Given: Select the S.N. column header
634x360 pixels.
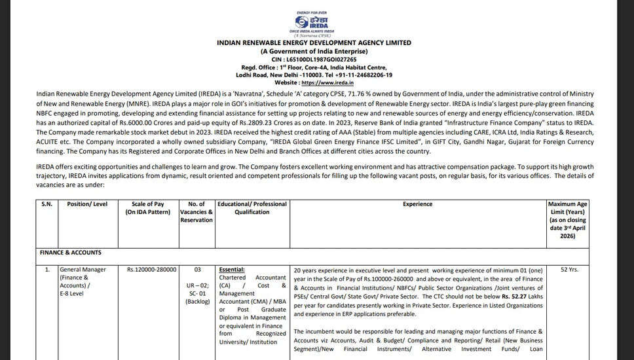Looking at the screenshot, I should coord(47,204).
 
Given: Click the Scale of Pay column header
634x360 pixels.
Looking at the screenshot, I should coord(149,208).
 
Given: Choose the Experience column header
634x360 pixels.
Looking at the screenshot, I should coord(417,204).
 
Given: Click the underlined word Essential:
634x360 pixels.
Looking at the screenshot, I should coord(232,269).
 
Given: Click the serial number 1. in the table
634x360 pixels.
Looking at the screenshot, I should coord(47,269).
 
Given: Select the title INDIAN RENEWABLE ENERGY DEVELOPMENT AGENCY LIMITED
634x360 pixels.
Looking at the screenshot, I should coord(314,43).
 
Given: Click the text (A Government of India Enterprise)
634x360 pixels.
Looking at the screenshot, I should coord(314,51).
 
